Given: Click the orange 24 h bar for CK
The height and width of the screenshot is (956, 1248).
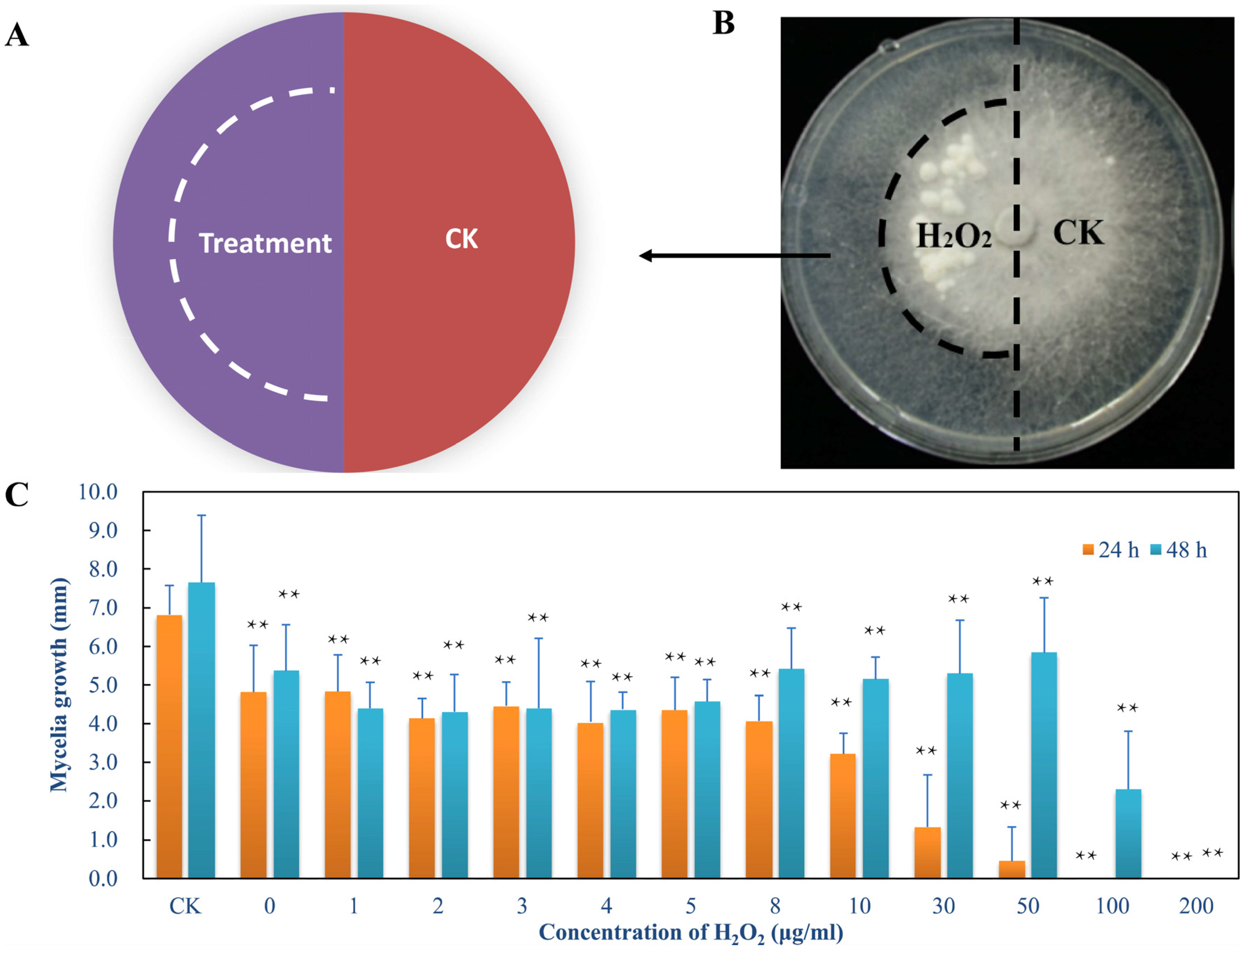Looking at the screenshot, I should click(169, 746).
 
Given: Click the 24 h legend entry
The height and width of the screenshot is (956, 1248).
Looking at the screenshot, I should click(1110, 550).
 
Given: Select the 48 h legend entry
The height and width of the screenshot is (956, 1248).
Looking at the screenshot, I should click(1179, 550).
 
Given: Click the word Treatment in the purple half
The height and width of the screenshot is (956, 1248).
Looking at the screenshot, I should click(265, 244).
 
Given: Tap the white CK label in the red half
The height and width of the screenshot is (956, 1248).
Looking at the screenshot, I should click(461, 239).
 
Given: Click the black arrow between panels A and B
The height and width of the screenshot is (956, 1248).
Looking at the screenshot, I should click(734, 256).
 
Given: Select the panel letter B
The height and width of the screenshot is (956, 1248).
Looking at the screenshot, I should click(724, 24).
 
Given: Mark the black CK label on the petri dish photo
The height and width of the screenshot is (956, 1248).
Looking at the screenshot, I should click(1078, 233).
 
